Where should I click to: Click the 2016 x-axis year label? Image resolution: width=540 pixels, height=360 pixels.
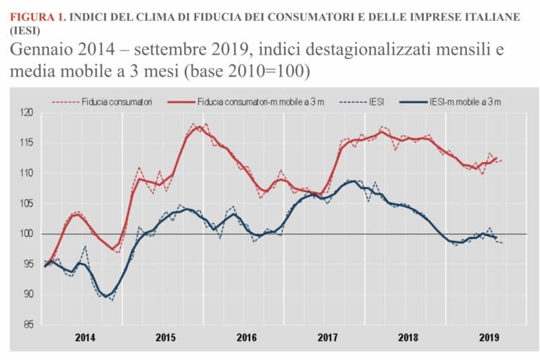pyautogui.click(x=244, y=337)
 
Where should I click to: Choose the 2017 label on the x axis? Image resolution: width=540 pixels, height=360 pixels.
pyautogui.click(x=325, y=337)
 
